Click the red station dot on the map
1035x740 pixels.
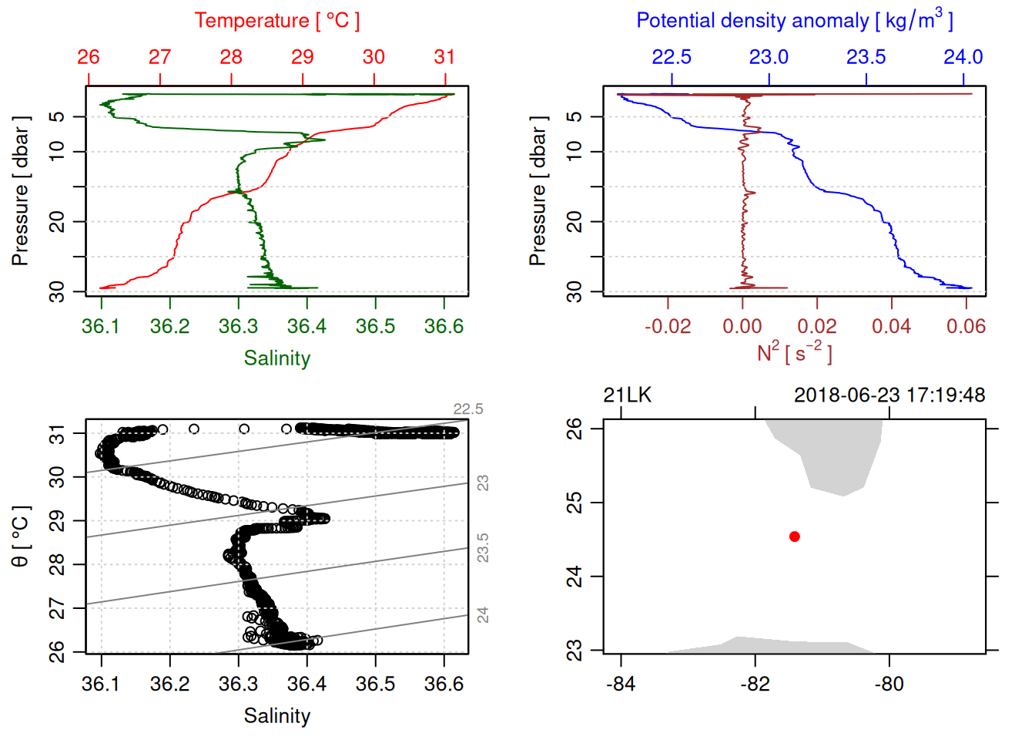(x=795, y=536)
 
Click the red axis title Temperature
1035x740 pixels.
(x=276, y=21)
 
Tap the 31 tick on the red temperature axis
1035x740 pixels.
(x=445, y=58)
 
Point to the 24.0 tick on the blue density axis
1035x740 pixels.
(x=963, y=58)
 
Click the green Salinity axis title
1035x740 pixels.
(x=276, y=358)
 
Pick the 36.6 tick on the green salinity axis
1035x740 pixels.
(x=444, y=327)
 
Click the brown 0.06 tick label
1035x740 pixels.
(x=966, y=327)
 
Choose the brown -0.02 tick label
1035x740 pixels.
(x=668, y=327)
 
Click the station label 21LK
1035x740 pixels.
(x=627, y=395)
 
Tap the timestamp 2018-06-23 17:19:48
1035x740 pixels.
(x=889, y=395)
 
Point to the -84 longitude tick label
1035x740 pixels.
(x=621, y=684)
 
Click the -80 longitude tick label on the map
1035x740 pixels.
(x=889, y=684)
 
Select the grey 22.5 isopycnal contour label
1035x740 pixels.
(x=468, y=409)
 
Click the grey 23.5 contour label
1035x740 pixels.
(x=483, y=548)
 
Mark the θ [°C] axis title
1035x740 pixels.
(x=21, y=536)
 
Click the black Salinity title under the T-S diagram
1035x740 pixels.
(x=276, y=716)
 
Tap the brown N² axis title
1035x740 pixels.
(x=794, y=352)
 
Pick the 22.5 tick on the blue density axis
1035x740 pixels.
(x=672, y=58)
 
